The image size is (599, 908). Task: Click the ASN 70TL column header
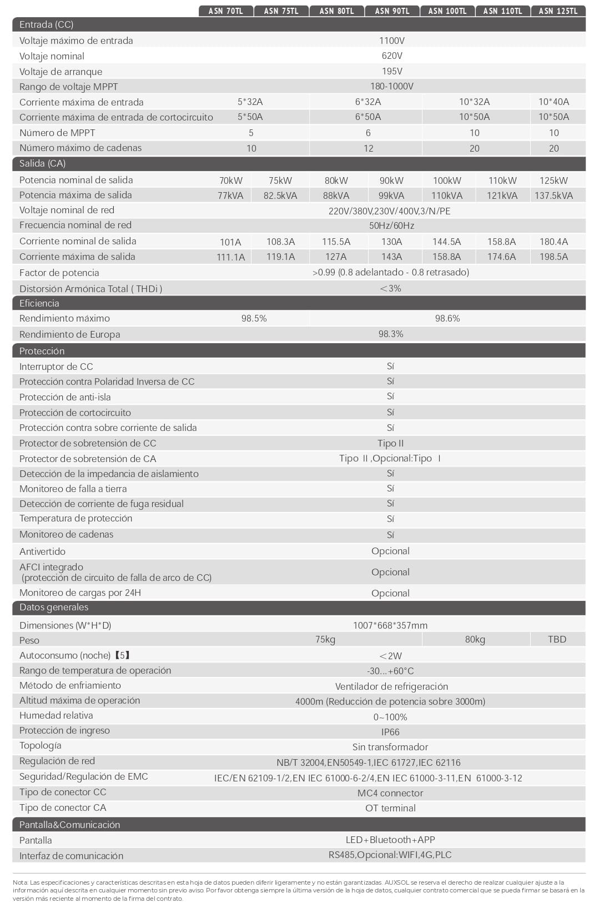pos(226,11)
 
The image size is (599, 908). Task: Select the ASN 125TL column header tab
pos(558,11)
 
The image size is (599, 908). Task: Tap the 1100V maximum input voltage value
pos(391,41)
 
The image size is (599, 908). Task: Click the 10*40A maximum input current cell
pos(553,102)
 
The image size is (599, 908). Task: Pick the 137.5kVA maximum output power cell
pos(553,195)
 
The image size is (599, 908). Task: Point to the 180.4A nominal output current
pos(553,242)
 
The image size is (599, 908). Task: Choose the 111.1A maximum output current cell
pos(230,257)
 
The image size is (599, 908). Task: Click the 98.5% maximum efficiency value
pos(254,318)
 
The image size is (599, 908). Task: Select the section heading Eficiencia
pos(39,303)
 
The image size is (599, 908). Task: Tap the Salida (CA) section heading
pos(42,163)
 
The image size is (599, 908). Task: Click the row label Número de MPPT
pos(57,133)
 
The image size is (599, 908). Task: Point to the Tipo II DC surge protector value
pos(390,443)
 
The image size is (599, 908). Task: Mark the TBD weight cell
pos(557,639)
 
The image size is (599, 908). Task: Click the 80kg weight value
pos(475,639)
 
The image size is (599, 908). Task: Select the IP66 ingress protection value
pos(390,732)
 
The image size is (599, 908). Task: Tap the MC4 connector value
pos(390,793)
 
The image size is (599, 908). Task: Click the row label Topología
pos(41,746)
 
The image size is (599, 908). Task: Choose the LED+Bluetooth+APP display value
pos(390,840)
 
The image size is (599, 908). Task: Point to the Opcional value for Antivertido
pos(390,551)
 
